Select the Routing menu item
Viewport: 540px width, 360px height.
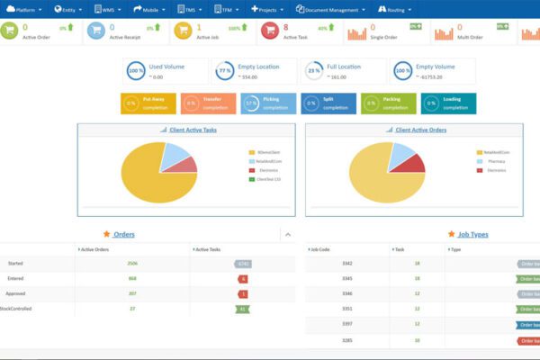click(396, 9)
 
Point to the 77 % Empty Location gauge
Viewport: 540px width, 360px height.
click(225, 71)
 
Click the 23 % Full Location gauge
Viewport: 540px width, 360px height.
click(314, 71)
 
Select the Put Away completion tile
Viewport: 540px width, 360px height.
click(148, 103)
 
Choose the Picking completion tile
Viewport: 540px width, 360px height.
click(268, 103)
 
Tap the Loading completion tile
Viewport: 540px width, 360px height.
click(448, 103)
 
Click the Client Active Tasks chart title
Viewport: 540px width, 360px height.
click(192, 130)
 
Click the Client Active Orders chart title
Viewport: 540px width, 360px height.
click(420, 130)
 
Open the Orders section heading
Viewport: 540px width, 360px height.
click(123, 234)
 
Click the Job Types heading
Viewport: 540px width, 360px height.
click(472, 234)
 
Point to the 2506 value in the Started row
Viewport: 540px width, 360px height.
click(132, 264)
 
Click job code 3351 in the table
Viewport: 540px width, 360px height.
click(322, 309)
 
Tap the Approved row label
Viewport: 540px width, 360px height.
click(15, 293)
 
